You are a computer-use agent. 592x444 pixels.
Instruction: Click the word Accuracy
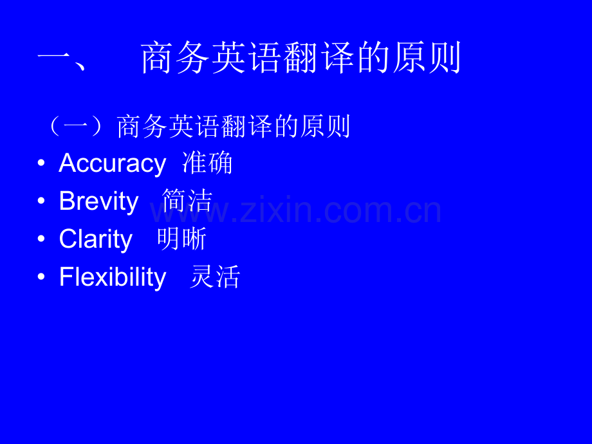pos(112,164)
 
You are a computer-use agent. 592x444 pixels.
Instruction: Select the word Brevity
pos(98,201)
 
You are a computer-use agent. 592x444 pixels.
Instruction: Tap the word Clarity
pos(95,239)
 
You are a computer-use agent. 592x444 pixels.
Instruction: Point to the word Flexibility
pos(113,277)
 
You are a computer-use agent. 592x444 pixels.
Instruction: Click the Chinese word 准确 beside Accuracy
pos(207,163)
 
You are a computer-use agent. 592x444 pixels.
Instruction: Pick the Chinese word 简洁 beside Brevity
pos(187,201)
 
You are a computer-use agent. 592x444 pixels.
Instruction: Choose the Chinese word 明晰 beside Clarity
pos(181,239)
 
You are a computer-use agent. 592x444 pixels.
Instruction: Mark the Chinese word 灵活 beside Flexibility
pos(215,277)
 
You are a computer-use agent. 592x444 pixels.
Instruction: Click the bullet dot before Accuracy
pos(42,163)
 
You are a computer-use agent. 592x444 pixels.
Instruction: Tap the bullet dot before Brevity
pos(42,201)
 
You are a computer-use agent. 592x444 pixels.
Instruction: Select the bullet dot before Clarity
pos(42,239)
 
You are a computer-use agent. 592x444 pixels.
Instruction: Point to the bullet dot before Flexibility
pos(42,277)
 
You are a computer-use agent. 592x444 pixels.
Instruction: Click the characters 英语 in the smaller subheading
pos(195,126)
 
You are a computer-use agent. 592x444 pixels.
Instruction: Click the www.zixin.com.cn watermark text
pos(296,210)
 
